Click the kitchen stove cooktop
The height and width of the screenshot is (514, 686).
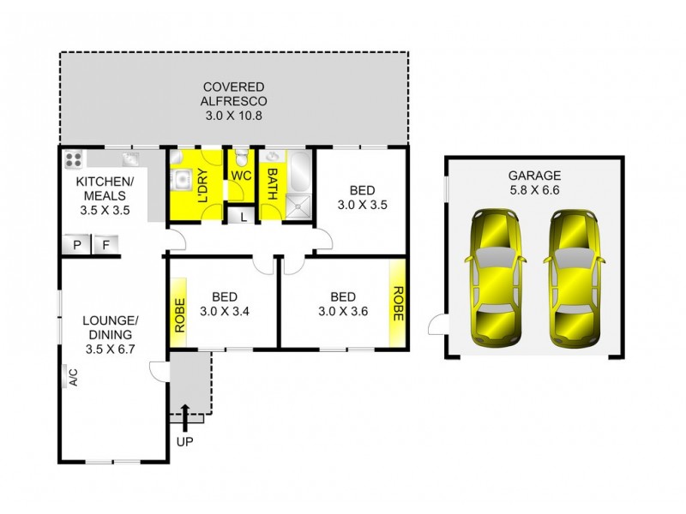73,159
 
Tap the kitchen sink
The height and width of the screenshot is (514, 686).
131,158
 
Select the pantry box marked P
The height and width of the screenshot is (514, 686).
76,245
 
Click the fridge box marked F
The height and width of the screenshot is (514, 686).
105,245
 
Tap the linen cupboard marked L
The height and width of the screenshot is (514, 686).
244,217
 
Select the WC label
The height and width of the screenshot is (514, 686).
241,176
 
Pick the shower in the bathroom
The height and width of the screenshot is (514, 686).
298,207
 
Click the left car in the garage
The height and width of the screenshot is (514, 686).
496,278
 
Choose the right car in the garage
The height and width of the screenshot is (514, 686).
575,278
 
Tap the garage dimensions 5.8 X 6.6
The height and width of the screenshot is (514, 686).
534,190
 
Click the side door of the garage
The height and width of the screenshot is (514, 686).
437,325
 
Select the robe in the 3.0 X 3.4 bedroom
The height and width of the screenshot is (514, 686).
179,313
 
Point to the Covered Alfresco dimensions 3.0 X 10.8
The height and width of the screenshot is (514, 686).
233,116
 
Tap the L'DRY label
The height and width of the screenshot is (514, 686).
203,185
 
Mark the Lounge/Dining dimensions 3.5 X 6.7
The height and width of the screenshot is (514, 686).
110,350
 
